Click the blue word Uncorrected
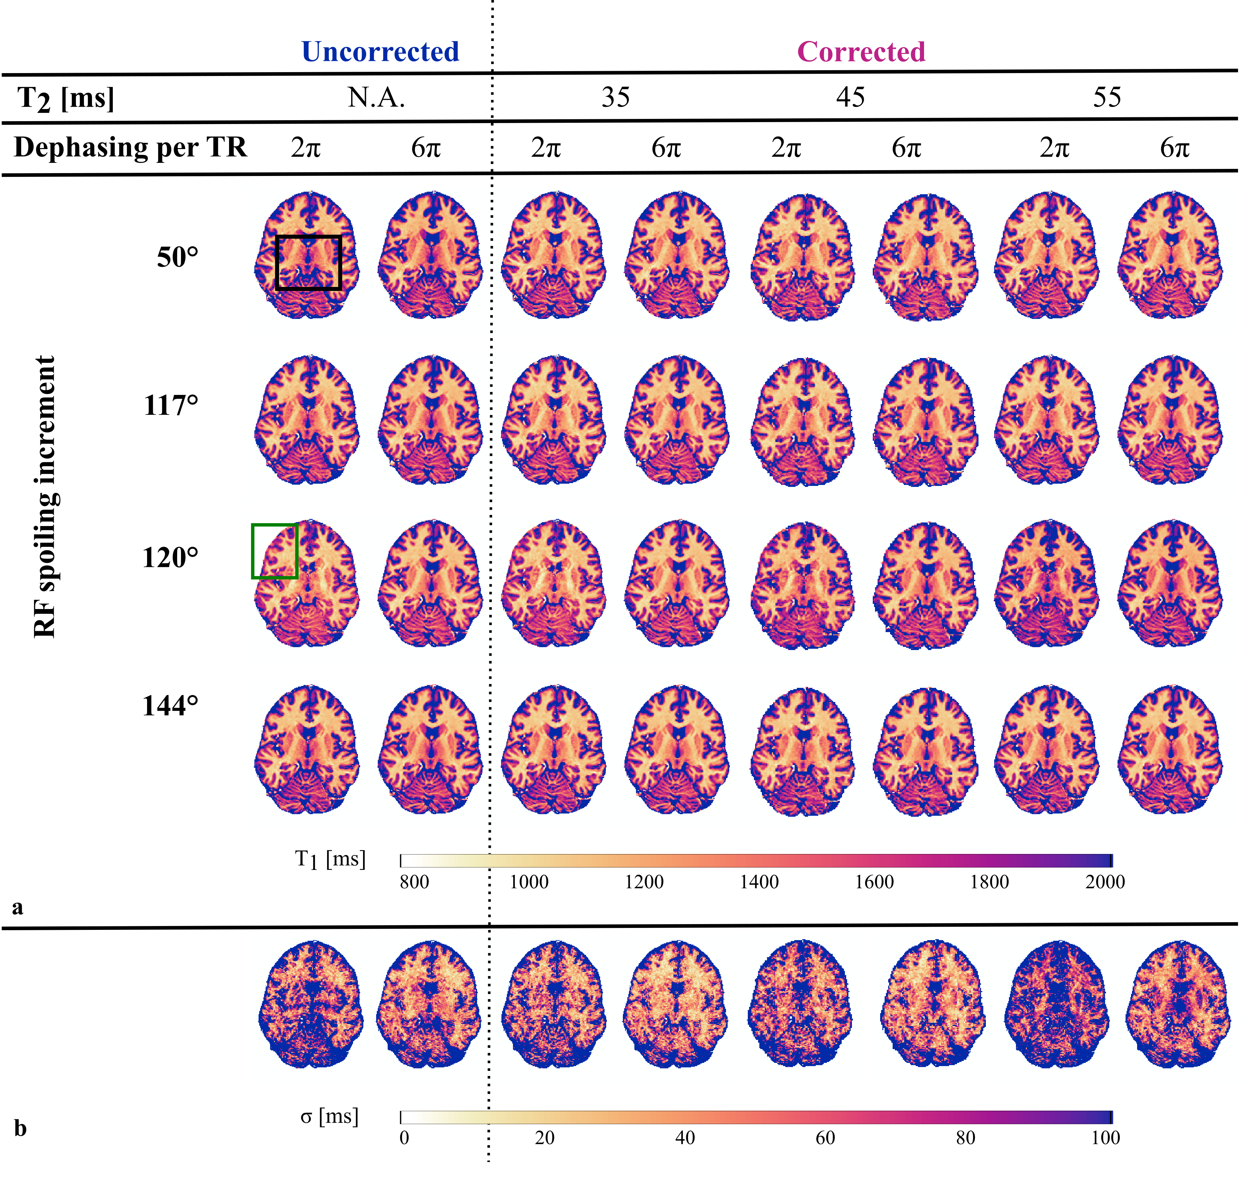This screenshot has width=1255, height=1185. click(x=380, y=52)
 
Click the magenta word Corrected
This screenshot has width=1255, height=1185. click(x=861, y=52)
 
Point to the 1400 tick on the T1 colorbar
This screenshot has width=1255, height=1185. click(x=759, y=882)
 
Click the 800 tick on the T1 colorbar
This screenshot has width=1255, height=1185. click(x=414, y=882)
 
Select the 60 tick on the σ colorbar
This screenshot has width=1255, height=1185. click(x=825, y=1138)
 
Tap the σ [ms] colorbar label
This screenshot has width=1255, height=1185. click(x=329, y=1116)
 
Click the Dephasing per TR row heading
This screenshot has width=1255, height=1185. click(x=130, y=147)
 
